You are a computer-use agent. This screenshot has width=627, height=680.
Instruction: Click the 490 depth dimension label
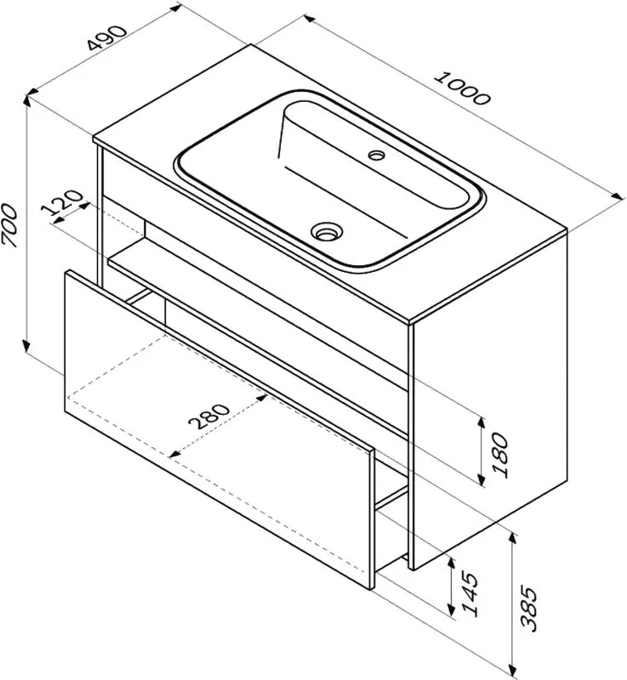[106, 38]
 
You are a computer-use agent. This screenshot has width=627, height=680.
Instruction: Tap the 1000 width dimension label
[463, 88]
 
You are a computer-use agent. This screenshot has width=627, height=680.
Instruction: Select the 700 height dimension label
[9, 225]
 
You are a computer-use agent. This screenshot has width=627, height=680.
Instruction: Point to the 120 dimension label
[62, 203]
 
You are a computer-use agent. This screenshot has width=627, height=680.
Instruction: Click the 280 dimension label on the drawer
[208, 416]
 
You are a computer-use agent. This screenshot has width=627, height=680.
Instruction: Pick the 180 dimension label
[500, 455]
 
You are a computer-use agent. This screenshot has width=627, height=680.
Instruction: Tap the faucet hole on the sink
[377, 155]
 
